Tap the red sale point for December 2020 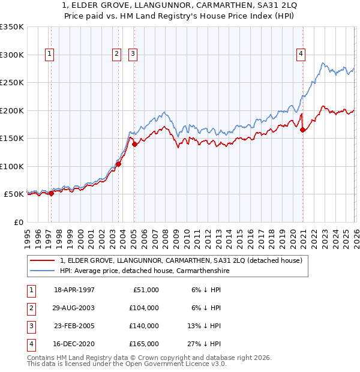click(303, 130)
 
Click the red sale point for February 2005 click(134, 144)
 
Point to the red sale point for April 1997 click(51, 193)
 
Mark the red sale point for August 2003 click(119, 164)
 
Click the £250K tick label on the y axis click(12, 83)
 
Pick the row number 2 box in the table click(30, 308)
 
